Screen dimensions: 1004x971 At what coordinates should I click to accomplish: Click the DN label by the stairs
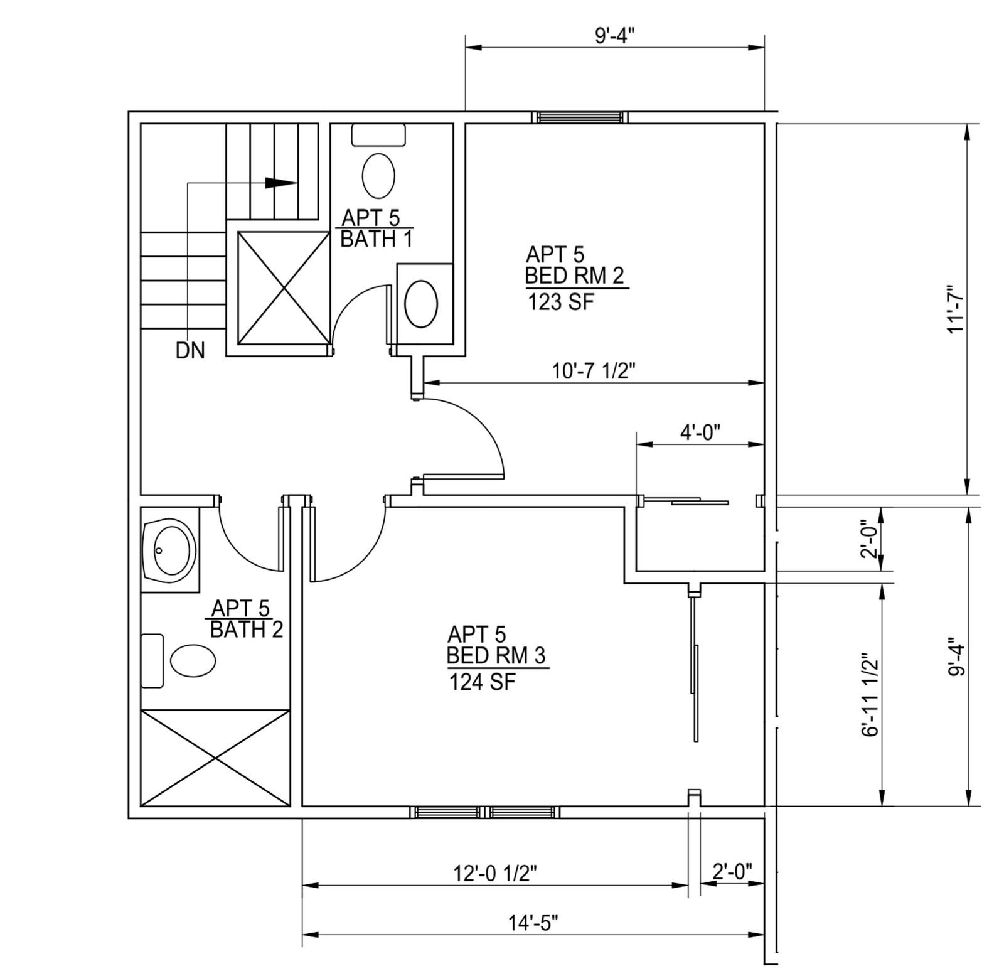(190, 350)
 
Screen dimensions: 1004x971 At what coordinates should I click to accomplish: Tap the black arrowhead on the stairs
(280, 183)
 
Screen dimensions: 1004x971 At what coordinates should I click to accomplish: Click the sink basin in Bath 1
(421, 303)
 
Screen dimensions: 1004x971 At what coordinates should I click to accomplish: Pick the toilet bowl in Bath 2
(193, 660)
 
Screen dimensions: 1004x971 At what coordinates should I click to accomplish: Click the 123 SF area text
(560, 303)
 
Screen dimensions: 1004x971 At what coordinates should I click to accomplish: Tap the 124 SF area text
(482, 682)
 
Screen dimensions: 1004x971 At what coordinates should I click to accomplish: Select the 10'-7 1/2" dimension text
(594, 370)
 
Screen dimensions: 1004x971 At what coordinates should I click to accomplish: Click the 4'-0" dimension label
(700, 432)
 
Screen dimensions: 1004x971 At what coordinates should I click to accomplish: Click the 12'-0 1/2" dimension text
(495, 873)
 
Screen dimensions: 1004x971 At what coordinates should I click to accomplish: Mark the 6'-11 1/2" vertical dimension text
(870, 695)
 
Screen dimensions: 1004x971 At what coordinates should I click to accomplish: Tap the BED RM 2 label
(575, 276)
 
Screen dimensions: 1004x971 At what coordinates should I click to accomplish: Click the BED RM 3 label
(496, 655)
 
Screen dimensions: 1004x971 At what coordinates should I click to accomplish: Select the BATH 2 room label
(247, 630)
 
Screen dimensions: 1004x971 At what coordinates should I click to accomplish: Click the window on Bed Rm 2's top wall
(580, 117)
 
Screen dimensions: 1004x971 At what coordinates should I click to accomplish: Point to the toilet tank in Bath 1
(378, 135)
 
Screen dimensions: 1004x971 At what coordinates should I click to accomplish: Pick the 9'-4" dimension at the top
(615, 35)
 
